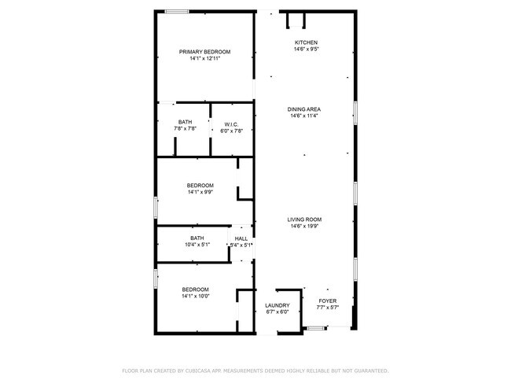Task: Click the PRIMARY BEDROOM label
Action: coord(204,52)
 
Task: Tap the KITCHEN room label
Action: coord(306,42)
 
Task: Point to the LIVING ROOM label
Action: coord(306,220)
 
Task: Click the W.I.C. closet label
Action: coord(231,124)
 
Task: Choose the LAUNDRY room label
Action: coord(277,305)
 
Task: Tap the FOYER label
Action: coord(327,301)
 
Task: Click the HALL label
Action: coord(241,238)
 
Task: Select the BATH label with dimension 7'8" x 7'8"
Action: coord(185,122)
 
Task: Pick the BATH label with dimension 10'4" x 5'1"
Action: coord(197,238)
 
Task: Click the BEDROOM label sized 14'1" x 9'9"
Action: coord(200,186)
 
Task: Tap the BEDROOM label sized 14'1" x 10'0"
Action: coord(196,289)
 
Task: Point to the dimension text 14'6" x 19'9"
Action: coord(306,227)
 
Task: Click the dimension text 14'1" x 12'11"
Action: coord(204,58)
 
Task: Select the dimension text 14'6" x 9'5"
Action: coord(306,49)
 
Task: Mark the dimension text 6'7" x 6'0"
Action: coord(277,312)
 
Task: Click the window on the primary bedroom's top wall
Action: coord(176,11)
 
